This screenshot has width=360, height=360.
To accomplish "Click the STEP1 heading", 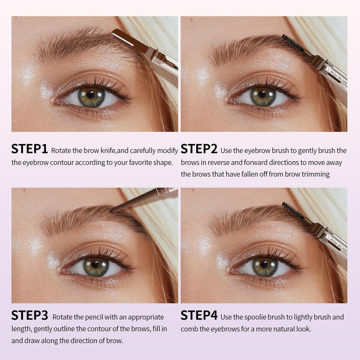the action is click(x=29, y=149).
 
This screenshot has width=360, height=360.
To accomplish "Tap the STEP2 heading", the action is click(x=199, y=149).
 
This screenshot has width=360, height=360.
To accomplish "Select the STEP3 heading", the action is click(x=30, y=315).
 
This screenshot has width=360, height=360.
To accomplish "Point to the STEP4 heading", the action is click(x=199, y=315).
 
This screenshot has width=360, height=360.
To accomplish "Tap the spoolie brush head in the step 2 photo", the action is click(x=293, y=43).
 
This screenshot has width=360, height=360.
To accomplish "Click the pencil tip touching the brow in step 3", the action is click(x=112, y=211).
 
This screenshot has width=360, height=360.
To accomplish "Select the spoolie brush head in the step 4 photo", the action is click(x=293, y=211).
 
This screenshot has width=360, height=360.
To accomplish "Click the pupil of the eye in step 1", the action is click(x=91, y=95).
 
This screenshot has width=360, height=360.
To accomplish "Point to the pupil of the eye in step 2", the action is click(x=262, y=94).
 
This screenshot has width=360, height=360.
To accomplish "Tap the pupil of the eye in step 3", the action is click(x=95, y=265).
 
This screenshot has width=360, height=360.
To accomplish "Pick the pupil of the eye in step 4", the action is click(x=264, y=265).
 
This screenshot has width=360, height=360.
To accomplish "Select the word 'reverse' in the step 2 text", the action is click(x=218, y=162).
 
